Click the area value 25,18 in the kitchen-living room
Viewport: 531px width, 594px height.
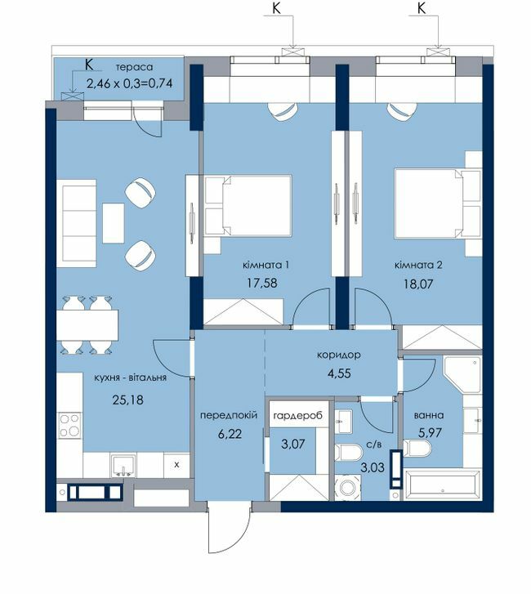pyautogui.click(x=128, y=400)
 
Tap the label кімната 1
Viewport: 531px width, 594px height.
pyautogui.click(x=265, y=265)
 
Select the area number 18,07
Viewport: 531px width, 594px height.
pyautogui.click(x=418, y=284)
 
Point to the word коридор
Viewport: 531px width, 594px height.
pyautogui.click(x=338, y=355)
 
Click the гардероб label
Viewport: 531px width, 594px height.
pyautogui.click(x=297, y=415)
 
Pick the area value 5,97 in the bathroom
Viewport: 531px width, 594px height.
pyautogui.click(x=431, y=432)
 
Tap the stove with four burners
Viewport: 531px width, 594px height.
pyautogui.click(x=69, y=426)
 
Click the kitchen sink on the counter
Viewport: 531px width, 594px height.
pyautogui.click(x=123, y=465)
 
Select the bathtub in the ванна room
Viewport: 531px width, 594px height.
pyautogui.click(x=442, y=485)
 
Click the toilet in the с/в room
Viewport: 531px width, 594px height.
pyautogui.click(x=349, y=453)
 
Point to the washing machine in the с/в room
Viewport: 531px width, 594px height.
pyautogui.click(x=348, y=487)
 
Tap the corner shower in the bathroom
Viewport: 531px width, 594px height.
pyautogui.click(x=462, y=375)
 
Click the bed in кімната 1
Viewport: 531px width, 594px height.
pyautogui.click(x=248, y=205)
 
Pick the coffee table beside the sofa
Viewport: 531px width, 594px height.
pyautogui.click(x=114, y=223)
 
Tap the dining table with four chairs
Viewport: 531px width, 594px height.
pyautogui.click(x=87, y=325)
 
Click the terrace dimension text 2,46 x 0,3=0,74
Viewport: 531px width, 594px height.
pyautogui.click(x=130, y=83)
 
